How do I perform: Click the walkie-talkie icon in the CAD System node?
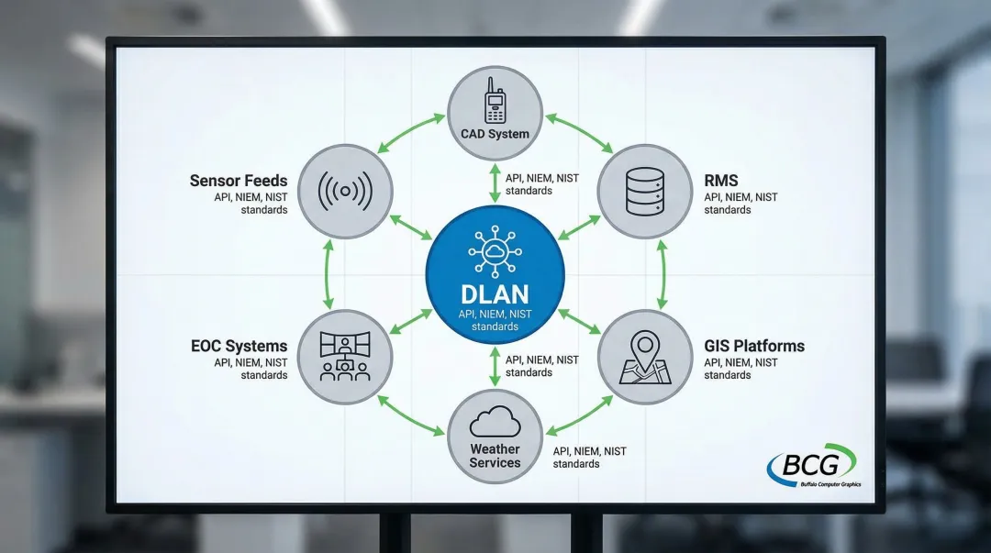click(495, 100)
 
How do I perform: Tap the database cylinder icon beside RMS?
click(644, 191)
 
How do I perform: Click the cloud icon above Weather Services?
click(495, 423)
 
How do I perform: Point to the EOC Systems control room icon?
click(345, 357)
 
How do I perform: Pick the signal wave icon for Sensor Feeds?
click(345, 192)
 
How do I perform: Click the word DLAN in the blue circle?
click(495, 293)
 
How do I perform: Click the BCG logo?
click(812, 466)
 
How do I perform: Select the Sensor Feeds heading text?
click(239, 181)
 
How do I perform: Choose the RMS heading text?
click(721, 181)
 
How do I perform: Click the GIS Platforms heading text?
click(754, 346)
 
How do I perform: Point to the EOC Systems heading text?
click(239, 346)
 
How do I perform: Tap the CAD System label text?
click(495, 134)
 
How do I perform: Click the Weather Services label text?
click(495, 456)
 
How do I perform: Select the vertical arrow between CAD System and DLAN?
click(495, 183)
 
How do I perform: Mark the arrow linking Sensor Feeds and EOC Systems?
click(328, 274)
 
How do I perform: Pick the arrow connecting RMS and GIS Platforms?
click(662, 274)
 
